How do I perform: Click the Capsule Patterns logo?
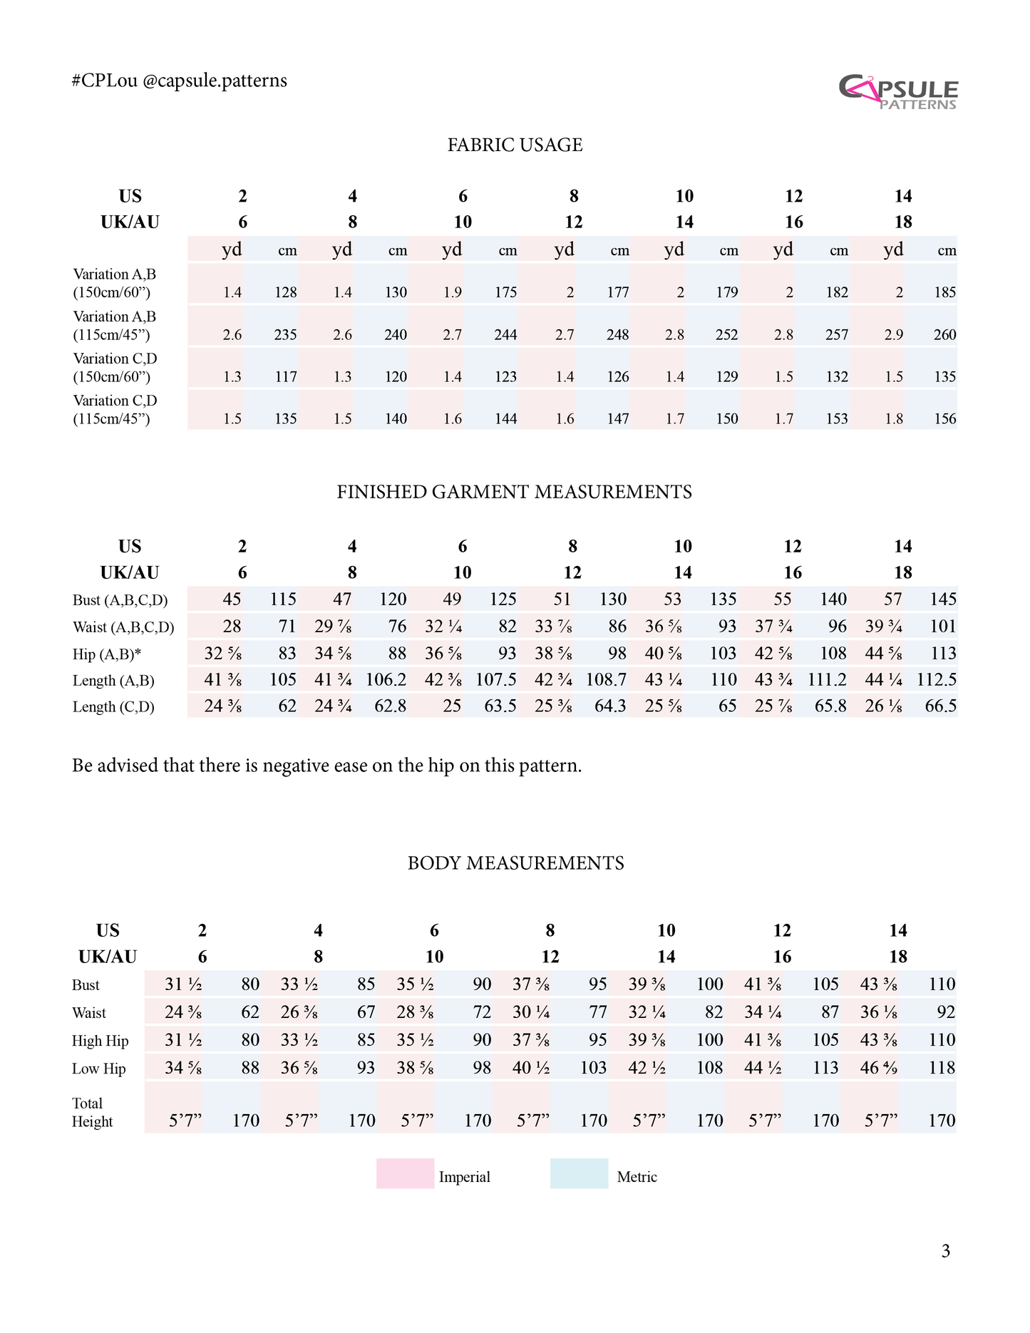pos(898,92)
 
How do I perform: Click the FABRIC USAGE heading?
pos(515,145)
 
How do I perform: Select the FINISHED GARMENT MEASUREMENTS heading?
pos(514,492)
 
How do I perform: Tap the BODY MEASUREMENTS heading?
pos(515,863)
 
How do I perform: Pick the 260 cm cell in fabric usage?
pos(944,334)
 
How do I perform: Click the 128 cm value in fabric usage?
pos(285,292)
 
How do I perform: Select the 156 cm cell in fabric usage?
pos(944,418)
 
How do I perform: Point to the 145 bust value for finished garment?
pos(943,599)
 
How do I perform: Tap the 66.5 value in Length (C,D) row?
pos(940,706)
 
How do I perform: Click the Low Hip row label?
pos(98,1069)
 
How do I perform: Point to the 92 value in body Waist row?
pos(946,1012)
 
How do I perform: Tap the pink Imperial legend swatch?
pos(405,1173)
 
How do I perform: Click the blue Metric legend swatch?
pos(579,1173)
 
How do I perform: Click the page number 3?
pos(945,1251)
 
